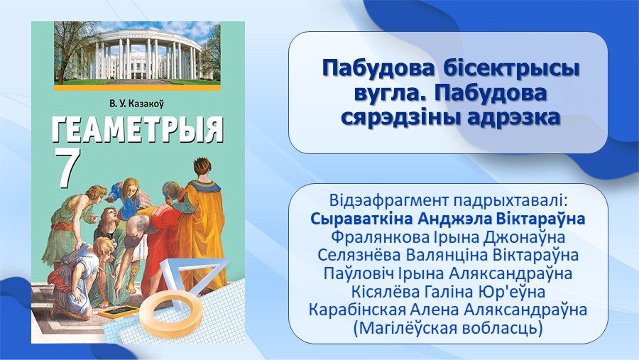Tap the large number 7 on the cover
67,166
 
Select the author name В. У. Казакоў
136,104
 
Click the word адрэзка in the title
514,119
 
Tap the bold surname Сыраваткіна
361,219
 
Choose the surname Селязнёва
359,255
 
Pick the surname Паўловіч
359,273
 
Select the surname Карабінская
357,310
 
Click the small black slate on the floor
118,311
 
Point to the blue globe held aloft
170,190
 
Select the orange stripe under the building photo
137,87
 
